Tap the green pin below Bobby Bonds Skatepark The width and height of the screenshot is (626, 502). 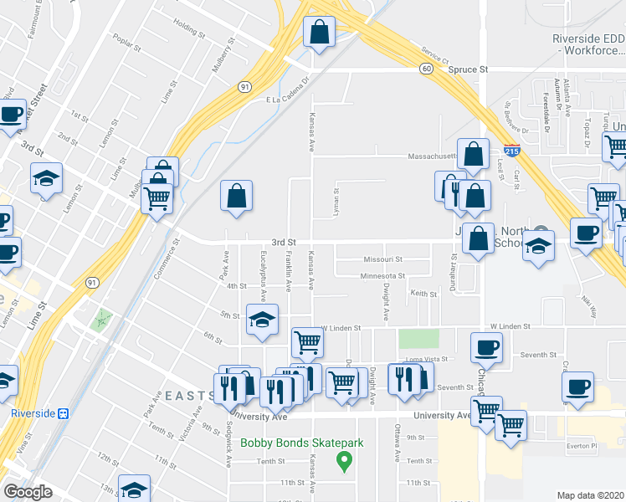click(x=342, y=459)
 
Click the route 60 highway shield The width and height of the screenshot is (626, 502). click(x=426, y=69)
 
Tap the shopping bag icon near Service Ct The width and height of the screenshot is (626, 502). click(x=319, y=33)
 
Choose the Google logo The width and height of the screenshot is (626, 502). click(x=28, y=492)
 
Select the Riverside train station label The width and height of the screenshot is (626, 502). click(x=38, y=413)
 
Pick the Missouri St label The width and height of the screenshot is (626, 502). click(x=382, y=259)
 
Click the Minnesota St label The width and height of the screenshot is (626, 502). click(x=382, y=275)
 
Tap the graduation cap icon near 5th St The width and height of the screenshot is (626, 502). click(x=262, y=320)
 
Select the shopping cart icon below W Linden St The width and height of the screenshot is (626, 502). click(x=307, y=341)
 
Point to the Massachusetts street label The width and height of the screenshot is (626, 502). click(x=430, y=156)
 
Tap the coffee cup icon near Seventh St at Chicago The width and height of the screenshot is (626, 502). click(x=486, y=346)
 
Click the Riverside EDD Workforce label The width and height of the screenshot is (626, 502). click(x=589, y=44)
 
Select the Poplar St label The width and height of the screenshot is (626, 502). click(x=124, y=41)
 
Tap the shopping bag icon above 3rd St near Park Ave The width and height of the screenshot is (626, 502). click(x=237, y=197)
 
